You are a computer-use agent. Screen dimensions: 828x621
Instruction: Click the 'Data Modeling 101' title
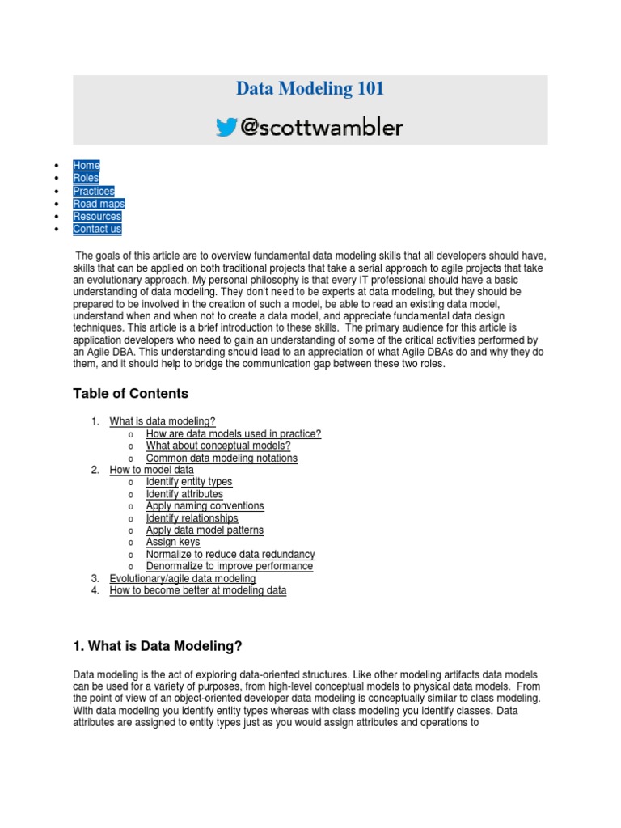[310, 89]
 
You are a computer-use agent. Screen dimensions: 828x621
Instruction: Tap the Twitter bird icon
[227, 127]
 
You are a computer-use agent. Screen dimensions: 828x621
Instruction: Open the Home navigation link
[87, 165]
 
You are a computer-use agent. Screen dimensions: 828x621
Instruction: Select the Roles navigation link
[86, 178]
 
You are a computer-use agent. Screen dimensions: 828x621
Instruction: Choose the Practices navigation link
[94, 191]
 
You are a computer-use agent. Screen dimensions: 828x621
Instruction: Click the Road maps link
[99, 204]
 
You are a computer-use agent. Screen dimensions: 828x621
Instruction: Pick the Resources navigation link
[97, 216]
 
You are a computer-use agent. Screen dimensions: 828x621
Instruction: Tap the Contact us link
[97, 229]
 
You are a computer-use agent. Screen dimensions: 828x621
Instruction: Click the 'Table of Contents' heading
[130, 394]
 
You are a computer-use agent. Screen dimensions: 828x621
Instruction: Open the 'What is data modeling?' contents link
[163, 421]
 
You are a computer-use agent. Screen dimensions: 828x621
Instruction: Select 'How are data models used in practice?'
[234, 433]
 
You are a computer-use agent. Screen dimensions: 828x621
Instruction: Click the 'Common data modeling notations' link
[222, 458]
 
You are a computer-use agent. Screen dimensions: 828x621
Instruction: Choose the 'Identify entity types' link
[189, 482]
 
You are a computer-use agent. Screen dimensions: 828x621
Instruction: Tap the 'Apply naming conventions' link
[205, 506]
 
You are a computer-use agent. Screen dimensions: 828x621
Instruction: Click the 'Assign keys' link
[173, 542]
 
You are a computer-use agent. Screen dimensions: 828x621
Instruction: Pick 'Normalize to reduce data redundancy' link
[230, 554]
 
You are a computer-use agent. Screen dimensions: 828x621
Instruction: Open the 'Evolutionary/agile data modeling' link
[183, 578]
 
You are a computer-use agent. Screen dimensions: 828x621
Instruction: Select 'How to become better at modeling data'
[198, 590]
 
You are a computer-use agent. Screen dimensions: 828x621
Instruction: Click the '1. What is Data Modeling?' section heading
[158, 646]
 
